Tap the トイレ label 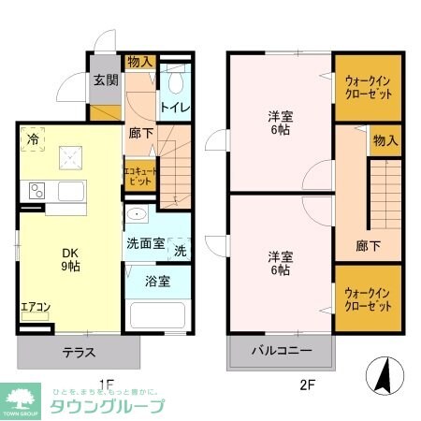[177, 108]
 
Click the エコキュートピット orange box [138, 174]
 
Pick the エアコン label [36, 307]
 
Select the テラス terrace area [78, 355]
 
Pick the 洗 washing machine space [180, 250]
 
